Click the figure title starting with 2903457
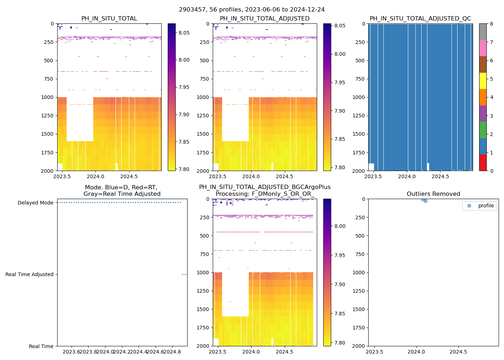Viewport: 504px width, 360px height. pos(252,10)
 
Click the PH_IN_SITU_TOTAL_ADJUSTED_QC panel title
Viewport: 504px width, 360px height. pos(420,19)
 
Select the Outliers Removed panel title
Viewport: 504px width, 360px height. pos(433,194)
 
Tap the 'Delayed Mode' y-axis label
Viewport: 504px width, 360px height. pos(35,203)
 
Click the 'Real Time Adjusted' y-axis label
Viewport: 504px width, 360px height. pos(29,274)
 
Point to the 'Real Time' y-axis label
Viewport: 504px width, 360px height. pos(41,346)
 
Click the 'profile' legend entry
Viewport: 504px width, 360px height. pos(486,206)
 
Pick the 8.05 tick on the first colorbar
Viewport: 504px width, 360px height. pos(184,33)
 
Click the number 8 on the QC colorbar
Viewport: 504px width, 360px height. pos(491,24)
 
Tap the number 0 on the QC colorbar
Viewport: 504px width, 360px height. pos(491,171)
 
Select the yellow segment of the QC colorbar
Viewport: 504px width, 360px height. pos(483,81)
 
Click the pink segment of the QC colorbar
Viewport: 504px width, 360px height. pos(483,48)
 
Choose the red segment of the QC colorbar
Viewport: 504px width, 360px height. pos(483,163)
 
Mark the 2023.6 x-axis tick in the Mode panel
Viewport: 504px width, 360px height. pos(72,352)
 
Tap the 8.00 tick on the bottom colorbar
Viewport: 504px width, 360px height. pos(340,226)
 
